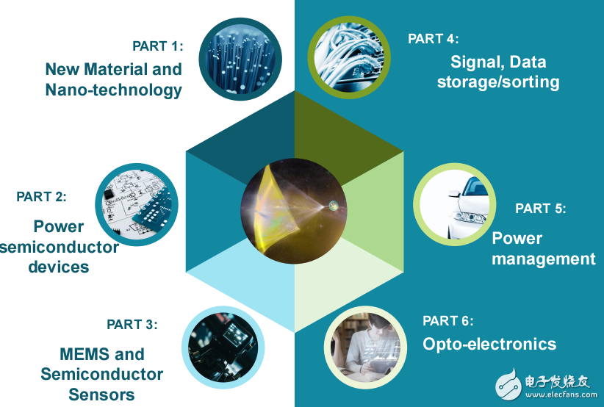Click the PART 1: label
click(157, 46)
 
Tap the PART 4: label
click(433, 38)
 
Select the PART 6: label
click(448, 321)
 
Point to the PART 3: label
click(132, 325)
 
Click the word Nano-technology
click(114, 90)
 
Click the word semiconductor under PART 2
click(59, 247)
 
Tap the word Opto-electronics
click(489, 345)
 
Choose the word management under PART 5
click(544, 259)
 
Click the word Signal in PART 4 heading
click(474, 62)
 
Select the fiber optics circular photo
click(240, 59)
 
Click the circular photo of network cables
click(349, 57)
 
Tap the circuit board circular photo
click(137, 204)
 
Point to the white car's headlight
click(470, 217)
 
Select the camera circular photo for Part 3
click(223, 347)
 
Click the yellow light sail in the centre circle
click(277, 208)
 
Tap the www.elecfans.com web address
click(561, 395)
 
